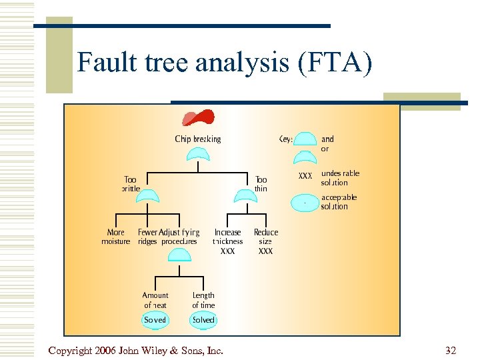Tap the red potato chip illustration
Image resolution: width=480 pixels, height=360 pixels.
pos(198,117)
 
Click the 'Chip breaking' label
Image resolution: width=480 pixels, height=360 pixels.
pos(197,139)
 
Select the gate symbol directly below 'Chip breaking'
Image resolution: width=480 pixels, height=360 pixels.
pos(198,155)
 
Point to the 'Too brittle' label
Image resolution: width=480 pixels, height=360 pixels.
pos(131,184)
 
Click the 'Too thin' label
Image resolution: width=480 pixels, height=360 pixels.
pos(261,184)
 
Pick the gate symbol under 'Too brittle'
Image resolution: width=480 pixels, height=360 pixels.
pos(147,195)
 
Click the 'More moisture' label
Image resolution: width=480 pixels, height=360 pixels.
pos(116,237)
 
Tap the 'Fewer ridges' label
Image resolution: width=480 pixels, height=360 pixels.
pos(147,237)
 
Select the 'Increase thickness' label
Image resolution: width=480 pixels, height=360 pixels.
pos(227,237)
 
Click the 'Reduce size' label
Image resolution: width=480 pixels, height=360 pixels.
pos(265,237)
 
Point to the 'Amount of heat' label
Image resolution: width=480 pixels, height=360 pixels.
pos(155,300)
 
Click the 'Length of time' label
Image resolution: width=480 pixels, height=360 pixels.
pos(203,300)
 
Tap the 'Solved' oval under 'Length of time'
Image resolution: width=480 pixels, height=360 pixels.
pos(203,320)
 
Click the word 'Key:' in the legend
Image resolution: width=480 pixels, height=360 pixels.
pos(285,139)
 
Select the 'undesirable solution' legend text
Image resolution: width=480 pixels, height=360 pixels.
pos(339,178)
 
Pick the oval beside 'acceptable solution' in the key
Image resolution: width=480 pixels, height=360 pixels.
pos(305,202)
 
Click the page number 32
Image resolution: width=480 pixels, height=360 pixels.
pos(451,350)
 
